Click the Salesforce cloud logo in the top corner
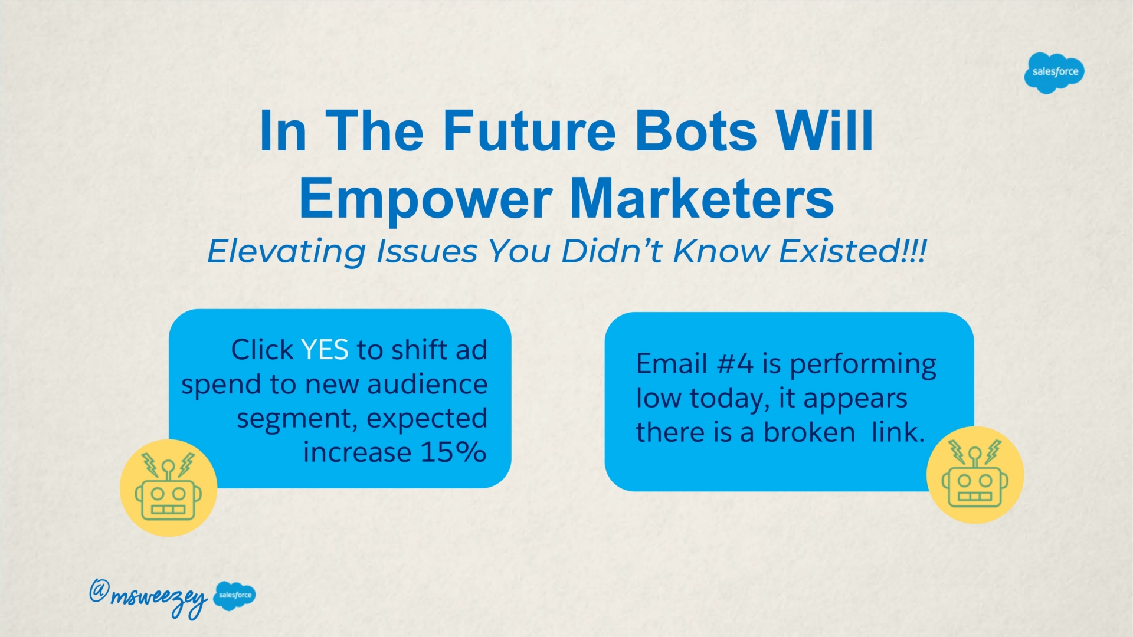click(x=1055, y=73)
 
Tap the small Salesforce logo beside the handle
click(x=235, y=595)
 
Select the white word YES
click(x=325, y=350)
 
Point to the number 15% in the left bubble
click(x=454, y=452)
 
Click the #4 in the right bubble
click(x=735, y=363)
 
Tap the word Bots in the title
click(x=696, y=130)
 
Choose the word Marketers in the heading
click(x=702, y=198)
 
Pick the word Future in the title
click(x=529, y=130)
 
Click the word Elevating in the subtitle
click(x=286, y=252)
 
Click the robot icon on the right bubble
click(x=975, y=475)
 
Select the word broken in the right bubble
click(x=809, y=432)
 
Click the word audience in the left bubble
click(x=427, y=384)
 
